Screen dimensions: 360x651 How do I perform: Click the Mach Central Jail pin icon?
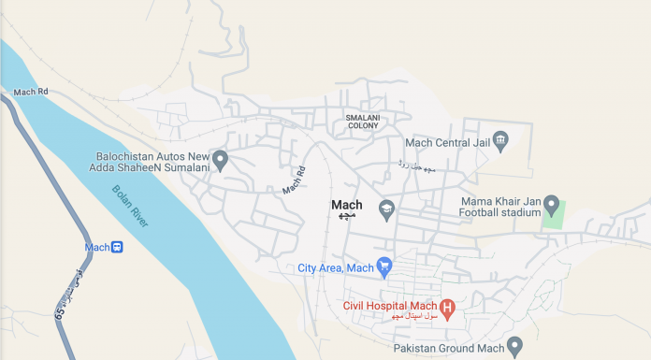[500, 142]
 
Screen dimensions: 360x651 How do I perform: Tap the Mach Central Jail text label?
[447, 142]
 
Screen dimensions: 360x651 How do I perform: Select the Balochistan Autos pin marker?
[221, 160]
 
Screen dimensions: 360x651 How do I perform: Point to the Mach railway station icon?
[117, 247]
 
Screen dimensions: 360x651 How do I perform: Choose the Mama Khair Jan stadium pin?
[552, 205]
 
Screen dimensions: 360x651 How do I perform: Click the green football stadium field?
[554, 216]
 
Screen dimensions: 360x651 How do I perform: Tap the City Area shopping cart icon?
[383, 267]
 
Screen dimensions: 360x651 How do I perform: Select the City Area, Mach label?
[335, 268]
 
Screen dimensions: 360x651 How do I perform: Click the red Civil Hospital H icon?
[447, 306]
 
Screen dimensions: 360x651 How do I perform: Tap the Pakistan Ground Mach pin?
[514, 346]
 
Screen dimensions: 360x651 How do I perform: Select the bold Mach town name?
[346, 205]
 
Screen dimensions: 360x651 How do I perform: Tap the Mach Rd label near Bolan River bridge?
[31, 93]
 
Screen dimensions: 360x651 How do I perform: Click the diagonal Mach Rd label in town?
[295, 180]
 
